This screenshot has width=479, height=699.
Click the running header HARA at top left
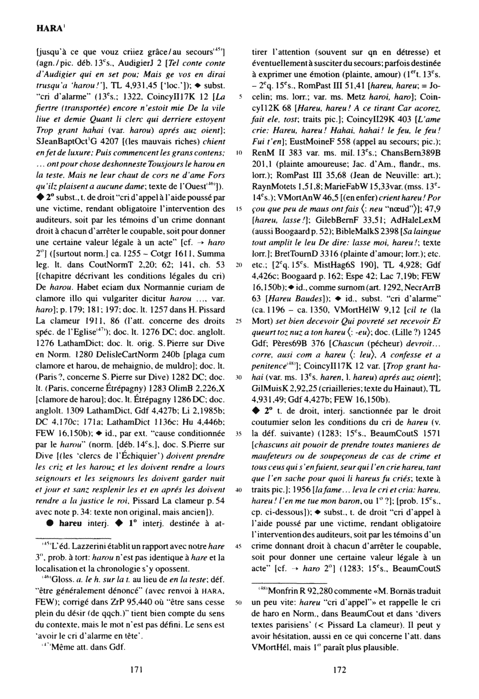tap(47, 29)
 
